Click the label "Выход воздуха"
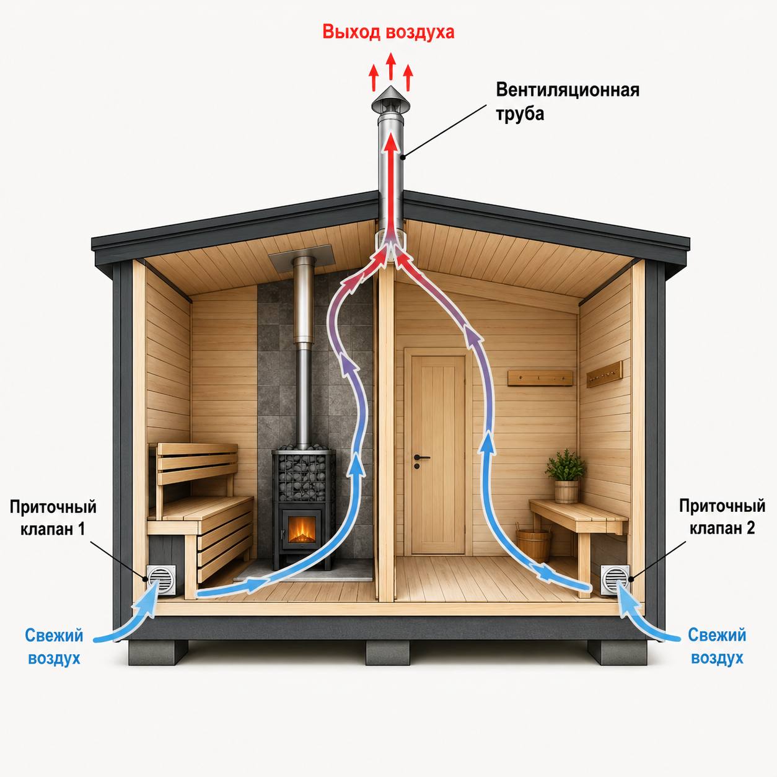(388, 32)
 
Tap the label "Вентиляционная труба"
(568, 102)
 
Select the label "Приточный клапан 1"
(53, 518)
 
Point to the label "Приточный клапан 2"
(722, 517)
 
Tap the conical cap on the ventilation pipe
(391, 100)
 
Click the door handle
(421, 458)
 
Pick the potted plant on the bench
(565, 476)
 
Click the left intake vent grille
(161, 579)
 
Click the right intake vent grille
(615, 580)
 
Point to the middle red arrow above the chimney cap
(390, 66)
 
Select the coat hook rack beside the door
(540, 378)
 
